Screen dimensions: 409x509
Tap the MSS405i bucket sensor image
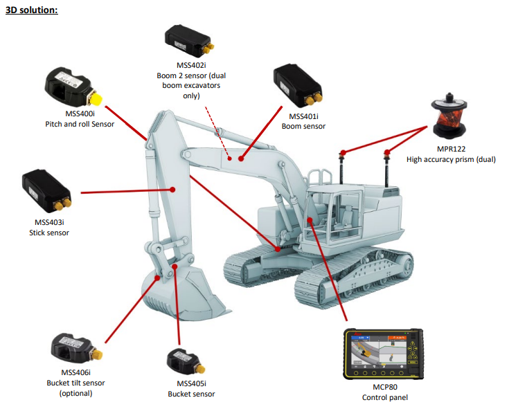pos(186,362)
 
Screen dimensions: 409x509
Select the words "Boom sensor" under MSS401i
pos(303,126)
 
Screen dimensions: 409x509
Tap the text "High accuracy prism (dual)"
pos(451,159)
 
